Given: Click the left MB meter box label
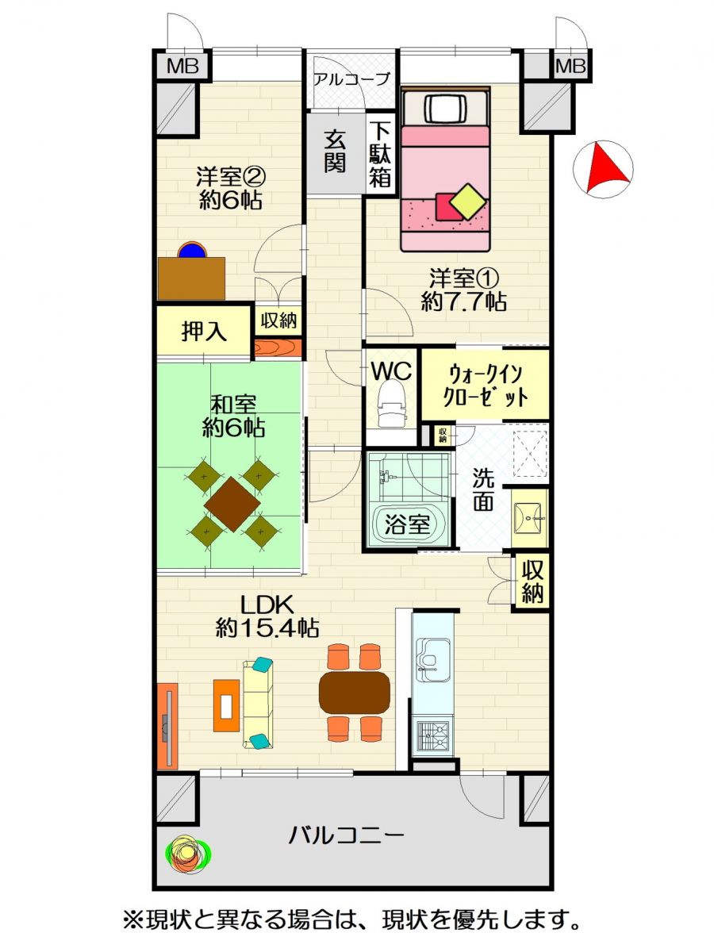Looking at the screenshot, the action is pos(182,67).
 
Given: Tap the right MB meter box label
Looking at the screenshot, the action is pos(570,67).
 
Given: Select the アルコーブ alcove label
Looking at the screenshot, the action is pos(351,79).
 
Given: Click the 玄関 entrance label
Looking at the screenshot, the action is pos(335,152).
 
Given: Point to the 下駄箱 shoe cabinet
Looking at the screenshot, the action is pos(381,154).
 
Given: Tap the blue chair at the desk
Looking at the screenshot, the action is pos(192,250).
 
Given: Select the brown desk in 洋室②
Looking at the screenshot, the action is pos(191,278).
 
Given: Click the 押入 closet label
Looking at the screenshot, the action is pos(204,332).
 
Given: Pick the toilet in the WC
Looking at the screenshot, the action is pos(391,404).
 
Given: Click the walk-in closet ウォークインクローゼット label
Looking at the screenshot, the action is pos(485,386).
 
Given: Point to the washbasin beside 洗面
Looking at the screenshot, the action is pos(529,518).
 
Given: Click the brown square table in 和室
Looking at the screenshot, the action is pos(232,505).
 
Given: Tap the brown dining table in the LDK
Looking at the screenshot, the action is pos(354,693).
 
